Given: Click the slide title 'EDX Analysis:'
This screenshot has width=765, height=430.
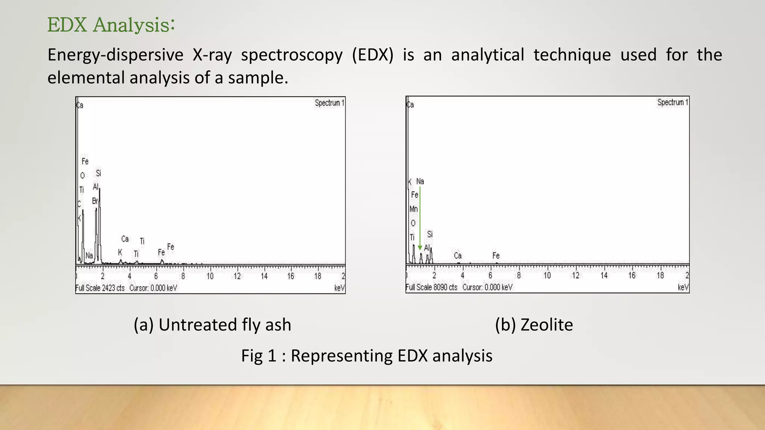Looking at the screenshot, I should click(111, 25).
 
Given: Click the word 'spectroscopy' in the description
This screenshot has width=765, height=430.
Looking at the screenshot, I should click(291, 55).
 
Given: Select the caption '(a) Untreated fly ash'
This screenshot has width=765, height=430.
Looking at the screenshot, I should click(212, 324).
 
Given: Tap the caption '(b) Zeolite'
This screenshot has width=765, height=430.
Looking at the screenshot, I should click(534, 324).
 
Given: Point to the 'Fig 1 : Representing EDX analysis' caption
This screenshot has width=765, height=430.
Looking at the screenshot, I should click(366, 355).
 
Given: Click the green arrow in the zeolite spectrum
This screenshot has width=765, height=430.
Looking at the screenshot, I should click(420, 220).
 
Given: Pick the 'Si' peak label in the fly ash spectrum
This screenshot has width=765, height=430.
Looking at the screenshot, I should click(98, 173).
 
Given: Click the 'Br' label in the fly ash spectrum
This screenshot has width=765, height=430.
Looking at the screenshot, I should click(95, 201).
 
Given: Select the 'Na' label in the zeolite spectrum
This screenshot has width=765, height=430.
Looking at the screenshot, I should click(420, 181).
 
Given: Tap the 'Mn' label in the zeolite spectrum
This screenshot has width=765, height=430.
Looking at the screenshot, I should click(414, 209).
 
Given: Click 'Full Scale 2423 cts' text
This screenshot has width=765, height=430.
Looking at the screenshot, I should click(100, 288).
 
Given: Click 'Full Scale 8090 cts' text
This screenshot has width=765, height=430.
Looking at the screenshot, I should click(431, 287).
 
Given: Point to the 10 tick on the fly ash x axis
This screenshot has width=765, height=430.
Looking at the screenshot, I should click(210, 276).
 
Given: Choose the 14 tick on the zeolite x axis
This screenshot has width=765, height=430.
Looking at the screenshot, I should click(604, 275).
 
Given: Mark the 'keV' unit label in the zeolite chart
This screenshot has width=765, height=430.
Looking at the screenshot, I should click(683, 287).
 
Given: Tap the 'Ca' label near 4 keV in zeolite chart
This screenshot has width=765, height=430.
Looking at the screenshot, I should click(458, 256).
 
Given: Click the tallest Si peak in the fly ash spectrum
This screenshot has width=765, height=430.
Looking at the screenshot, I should click(100, 190).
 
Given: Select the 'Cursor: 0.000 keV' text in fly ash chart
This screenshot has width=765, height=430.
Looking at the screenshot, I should click(153, 288).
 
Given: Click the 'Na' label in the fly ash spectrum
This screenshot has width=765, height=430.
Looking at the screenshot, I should click(89, 256).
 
